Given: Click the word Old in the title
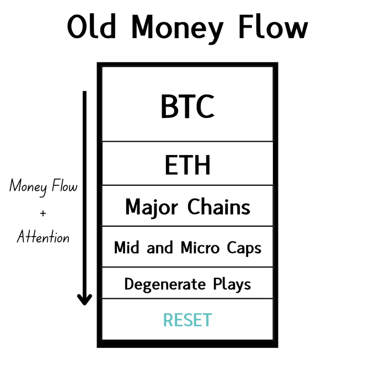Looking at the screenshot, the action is [92, 26].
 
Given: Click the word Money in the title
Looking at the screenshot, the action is [178, 29].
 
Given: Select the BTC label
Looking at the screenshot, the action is [187, 106].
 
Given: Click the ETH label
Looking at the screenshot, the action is [187, 165].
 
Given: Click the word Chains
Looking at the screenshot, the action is [218, 207].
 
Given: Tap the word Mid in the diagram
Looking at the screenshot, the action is [126, 247].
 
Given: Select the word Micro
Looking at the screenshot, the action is [200, 247].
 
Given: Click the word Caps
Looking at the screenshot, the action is [244, 249].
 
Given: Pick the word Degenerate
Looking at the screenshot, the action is [165, 285].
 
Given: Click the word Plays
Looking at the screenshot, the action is [232, 285].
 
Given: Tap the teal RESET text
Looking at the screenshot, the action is [187, 320].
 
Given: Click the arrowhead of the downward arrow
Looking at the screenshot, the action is [84, 299].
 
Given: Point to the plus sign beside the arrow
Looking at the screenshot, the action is [43, 213].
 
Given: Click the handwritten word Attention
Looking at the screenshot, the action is [43, 237].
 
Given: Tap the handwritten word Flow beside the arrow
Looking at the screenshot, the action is [65, 185].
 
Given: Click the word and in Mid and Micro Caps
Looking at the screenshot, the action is [159, 248].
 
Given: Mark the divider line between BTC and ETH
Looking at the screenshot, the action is [187, 141].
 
